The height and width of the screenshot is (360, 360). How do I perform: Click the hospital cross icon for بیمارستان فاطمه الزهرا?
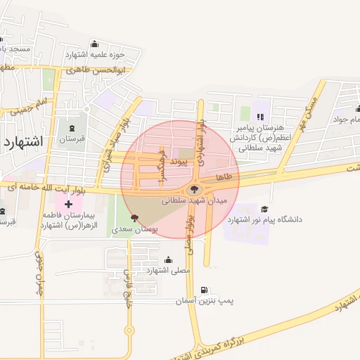point(68,205)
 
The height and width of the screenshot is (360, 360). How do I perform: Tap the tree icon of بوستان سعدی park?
point(134,218)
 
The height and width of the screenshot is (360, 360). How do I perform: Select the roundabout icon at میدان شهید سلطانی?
point(195,189)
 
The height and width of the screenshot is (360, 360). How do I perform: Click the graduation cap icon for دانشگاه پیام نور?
point(264,209)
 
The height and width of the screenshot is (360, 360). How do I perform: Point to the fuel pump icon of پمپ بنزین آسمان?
point(205,290)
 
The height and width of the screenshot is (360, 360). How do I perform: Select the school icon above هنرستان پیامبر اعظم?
point(260,117)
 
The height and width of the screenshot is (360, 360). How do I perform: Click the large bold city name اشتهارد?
point(23,142)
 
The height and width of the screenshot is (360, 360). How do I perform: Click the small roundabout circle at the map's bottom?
point(129,330)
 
